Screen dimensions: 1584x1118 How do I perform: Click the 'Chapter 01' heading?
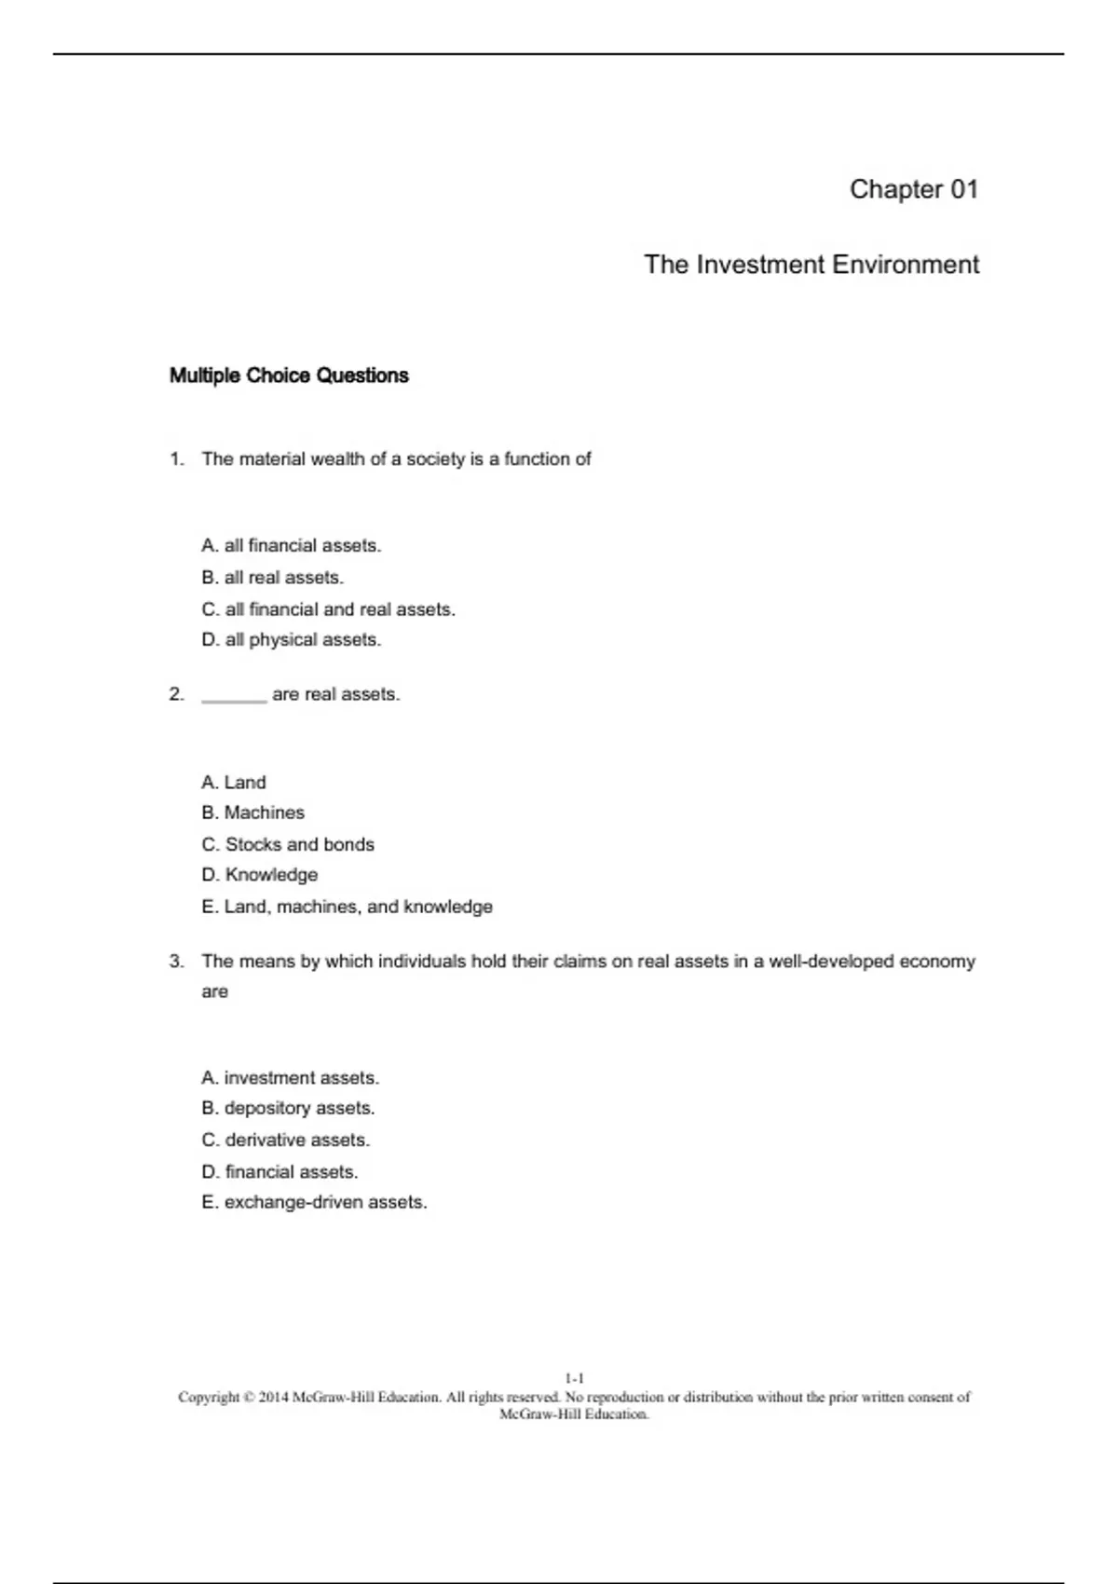tap(913, 189)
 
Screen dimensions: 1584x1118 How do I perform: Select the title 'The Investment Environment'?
tap(811, 265)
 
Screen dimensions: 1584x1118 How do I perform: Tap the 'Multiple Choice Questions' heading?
tap(289, 376)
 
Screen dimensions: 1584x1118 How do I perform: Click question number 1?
tap(177, 459)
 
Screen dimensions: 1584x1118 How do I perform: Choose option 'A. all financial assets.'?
tap(291, 546)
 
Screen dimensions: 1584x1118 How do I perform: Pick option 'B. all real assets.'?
tap(272, 578)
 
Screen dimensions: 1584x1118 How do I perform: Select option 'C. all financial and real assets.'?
tap(328, 609)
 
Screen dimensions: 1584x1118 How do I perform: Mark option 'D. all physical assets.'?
tap(291, 640)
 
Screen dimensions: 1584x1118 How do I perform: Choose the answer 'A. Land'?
tap(233, 783)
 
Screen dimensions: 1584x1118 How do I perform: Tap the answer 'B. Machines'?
tap(252, 812)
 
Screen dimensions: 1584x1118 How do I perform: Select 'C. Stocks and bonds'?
tap(287, 844)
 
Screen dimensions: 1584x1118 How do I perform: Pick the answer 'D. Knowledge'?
tap(259, 875)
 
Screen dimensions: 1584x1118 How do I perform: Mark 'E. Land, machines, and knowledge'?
tap(347, 907)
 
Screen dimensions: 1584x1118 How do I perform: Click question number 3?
tap(177, 962)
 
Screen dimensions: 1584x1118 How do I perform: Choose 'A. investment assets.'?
tap(290, 1078)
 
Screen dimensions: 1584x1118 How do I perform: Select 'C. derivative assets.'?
tap(285, 1140)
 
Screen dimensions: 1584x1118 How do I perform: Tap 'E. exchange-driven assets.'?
tap(314, 1203)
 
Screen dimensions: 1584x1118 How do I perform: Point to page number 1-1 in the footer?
tap(574, 1378)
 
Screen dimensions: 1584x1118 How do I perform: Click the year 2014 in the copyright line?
tap(273, 1398)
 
